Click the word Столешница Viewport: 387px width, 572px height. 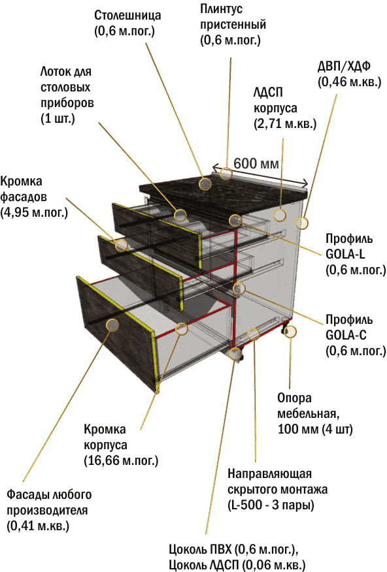[127, 15]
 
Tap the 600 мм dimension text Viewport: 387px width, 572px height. [256, 163]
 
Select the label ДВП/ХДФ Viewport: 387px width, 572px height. [344, 67]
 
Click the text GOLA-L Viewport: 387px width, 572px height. [345, 254]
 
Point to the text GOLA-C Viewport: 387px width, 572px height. [346, 335]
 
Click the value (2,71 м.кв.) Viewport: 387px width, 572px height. [285, 124]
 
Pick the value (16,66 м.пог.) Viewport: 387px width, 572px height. [121, 460]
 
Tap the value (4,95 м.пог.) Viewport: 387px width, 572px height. [34, 212]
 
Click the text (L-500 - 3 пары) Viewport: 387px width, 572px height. [271, 505]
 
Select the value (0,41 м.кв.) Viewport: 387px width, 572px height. [38, 526]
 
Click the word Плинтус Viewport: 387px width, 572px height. [221, 9]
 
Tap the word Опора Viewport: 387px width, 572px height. [294, 398]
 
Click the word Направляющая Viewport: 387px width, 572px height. [269, 474]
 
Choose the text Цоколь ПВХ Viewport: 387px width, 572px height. [200, 549]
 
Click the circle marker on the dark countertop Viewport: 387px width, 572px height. [205, 183]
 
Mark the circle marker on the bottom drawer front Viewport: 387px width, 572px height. [112, 325]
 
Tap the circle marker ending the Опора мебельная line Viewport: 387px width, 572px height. [290, 331]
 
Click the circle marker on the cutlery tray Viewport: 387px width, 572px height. [180, 215]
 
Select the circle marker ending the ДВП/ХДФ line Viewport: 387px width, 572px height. [302, 223]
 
